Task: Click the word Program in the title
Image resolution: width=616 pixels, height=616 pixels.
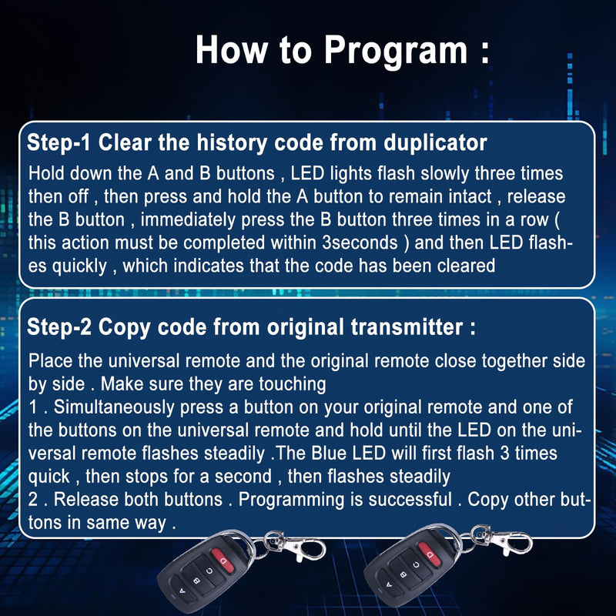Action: tap(396, 51)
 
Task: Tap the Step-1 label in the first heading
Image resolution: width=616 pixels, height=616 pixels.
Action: tap(59, 142)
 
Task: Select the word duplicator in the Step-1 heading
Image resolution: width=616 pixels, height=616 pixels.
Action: tap(435, 143)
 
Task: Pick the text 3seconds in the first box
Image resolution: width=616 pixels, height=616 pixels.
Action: tap(360, 243)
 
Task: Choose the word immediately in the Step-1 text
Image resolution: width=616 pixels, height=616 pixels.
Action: tap(188, 219)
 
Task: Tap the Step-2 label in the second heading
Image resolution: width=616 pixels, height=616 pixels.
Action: tap(59, 326)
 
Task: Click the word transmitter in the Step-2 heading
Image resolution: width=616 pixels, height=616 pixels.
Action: tap(407, 326)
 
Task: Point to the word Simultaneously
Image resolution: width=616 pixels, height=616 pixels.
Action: tap(114, 407)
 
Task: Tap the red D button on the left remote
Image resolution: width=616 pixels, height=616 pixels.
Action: tap(223, 561)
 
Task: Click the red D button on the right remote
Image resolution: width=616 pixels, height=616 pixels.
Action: tap(430, 554)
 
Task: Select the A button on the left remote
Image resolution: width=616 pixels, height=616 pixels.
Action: tap(182, 591)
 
